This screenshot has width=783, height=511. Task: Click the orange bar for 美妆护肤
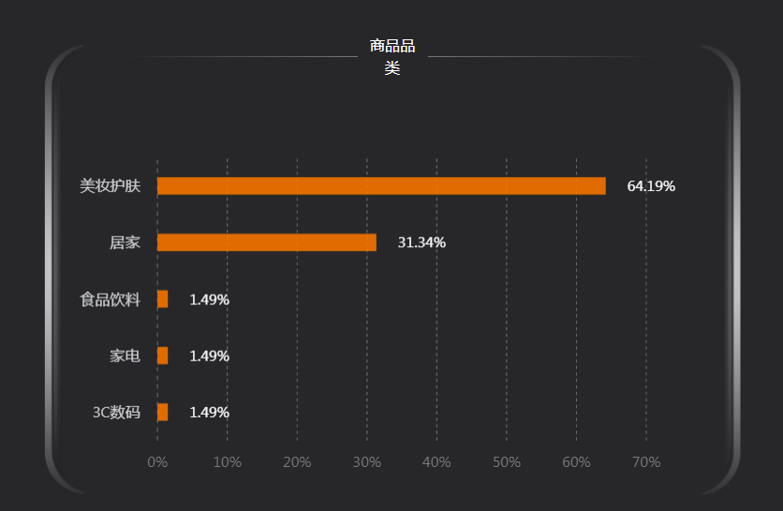click(381, 186)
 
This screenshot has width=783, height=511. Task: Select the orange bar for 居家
click(267, 242)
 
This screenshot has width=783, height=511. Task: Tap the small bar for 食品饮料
click(163, 299)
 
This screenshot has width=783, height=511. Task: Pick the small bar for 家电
click(163, 356)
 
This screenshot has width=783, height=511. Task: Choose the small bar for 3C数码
click(163, 412)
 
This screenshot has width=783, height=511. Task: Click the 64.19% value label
click(651, 186)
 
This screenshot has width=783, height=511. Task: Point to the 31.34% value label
click(421, 242)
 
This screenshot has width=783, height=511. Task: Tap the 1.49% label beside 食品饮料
click(209, 299)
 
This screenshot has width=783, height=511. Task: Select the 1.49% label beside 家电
click(209, 356)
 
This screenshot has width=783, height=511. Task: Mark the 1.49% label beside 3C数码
click(209, 412)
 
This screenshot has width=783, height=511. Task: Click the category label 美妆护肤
click(110, 186)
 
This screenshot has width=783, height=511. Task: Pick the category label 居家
click(125, 242)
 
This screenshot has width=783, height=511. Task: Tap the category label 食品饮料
click(110, 299)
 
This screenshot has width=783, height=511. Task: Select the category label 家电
click(125, 356)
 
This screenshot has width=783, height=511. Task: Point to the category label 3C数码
click(116, 412)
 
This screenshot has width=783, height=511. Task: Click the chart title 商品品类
click(392, 56)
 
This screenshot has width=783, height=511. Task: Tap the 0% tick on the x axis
click(157, 462)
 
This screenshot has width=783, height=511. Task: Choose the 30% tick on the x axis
click(366, 462)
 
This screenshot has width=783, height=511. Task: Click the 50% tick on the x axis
click(506, 462)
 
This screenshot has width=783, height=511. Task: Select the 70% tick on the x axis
click(646, 462)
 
